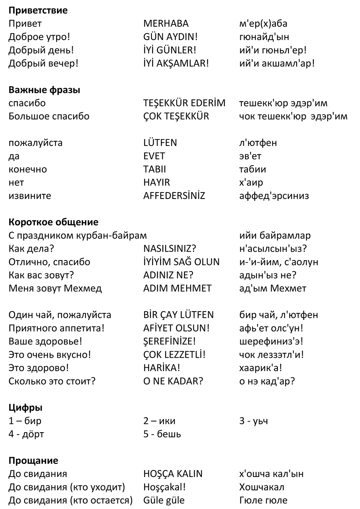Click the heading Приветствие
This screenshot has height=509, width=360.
point(38,10)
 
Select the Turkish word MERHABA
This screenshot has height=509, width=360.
point(166,24)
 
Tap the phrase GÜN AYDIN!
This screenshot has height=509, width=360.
point(170,37)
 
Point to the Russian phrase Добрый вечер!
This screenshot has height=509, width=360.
point(43,63)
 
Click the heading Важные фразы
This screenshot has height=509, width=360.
point(44,90)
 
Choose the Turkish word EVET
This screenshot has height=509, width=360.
point(154,156)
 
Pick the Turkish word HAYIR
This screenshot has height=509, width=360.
point(156,183)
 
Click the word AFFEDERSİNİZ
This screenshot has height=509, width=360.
point(174,196)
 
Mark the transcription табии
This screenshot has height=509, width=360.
point(252,170)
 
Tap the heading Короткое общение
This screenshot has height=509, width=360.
point(53,222)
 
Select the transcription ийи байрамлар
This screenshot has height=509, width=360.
point(275,236)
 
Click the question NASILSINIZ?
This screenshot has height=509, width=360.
point(169,249)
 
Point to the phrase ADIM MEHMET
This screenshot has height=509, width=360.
point(177,288)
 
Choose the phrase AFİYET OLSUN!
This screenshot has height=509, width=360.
point(177,328)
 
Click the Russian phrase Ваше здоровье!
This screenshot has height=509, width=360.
point(45,341)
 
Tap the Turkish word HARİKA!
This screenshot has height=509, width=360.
point(162,368)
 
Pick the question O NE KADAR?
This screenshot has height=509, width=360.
point(173,381)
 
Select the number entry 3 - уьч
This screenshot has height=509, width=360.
point(253,421)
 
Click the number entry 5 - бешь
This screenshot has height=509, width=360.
point(162,434)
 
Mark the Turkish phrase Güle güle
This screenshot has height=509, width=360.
point(164,500)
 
